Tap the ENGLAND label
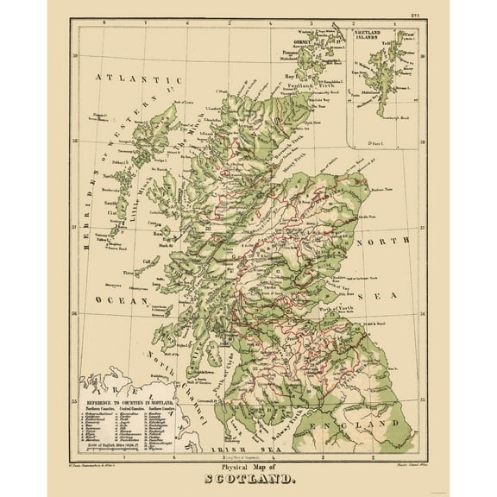(374, 426)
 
